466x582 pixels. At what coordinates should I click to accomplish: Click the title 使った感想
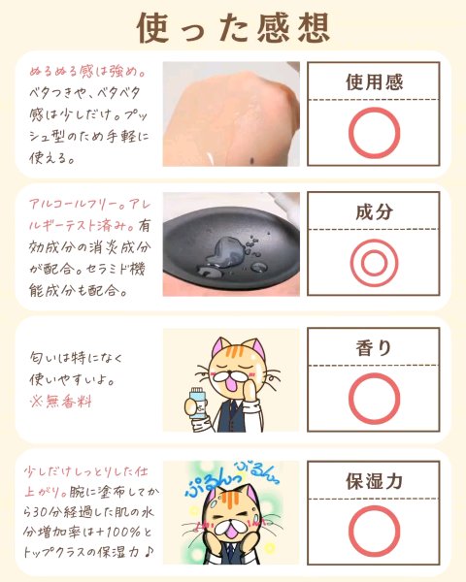233,28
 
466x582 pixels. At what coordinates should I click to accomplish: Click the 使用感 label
374,81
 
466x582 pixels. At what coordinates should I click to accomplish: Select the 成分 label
374,211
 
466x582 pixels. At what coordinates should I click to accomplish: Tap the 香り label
374,348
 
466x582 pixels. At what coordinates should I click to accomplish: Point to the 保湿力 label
374,481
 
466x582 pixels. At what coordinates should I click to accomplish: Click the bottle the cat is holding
197,404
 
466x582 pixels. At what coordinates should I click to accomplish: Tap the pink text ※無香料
60,402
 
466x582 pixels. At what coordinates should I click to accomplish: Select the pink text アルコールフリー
74,204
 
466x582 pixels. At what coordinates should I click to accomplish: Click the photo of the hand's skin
231,113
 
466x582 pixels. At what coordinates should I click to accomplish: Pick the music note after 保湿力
148,552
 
